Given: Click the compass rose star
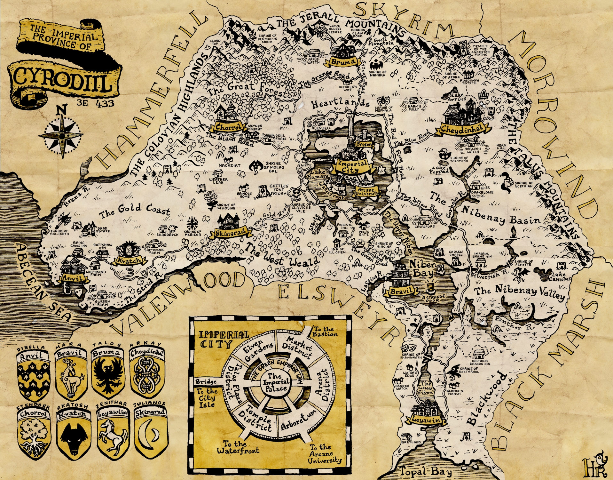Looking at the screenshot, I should [x=62, y=136].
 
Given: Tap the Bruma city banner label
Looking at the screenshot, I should [x=343, y=61].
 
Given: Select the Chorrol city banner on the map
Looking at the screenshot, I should [x=228, y=127].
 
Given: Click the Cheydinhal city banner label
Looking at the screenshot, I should [x=461, y=130].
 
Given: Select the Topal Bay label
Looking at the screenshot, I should [x=426, y=471].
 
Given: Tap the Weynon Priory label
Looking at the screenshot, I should [x=255, y=128].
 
